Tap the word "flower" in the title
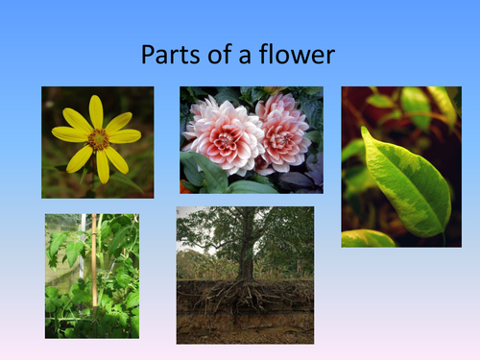[299, 55]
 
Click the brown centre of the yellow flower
[98, 140]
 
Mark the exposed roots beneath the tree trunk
[245, 298]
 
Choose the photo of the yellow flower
[97, 142]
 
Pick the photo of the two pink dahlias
[252, 140]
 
